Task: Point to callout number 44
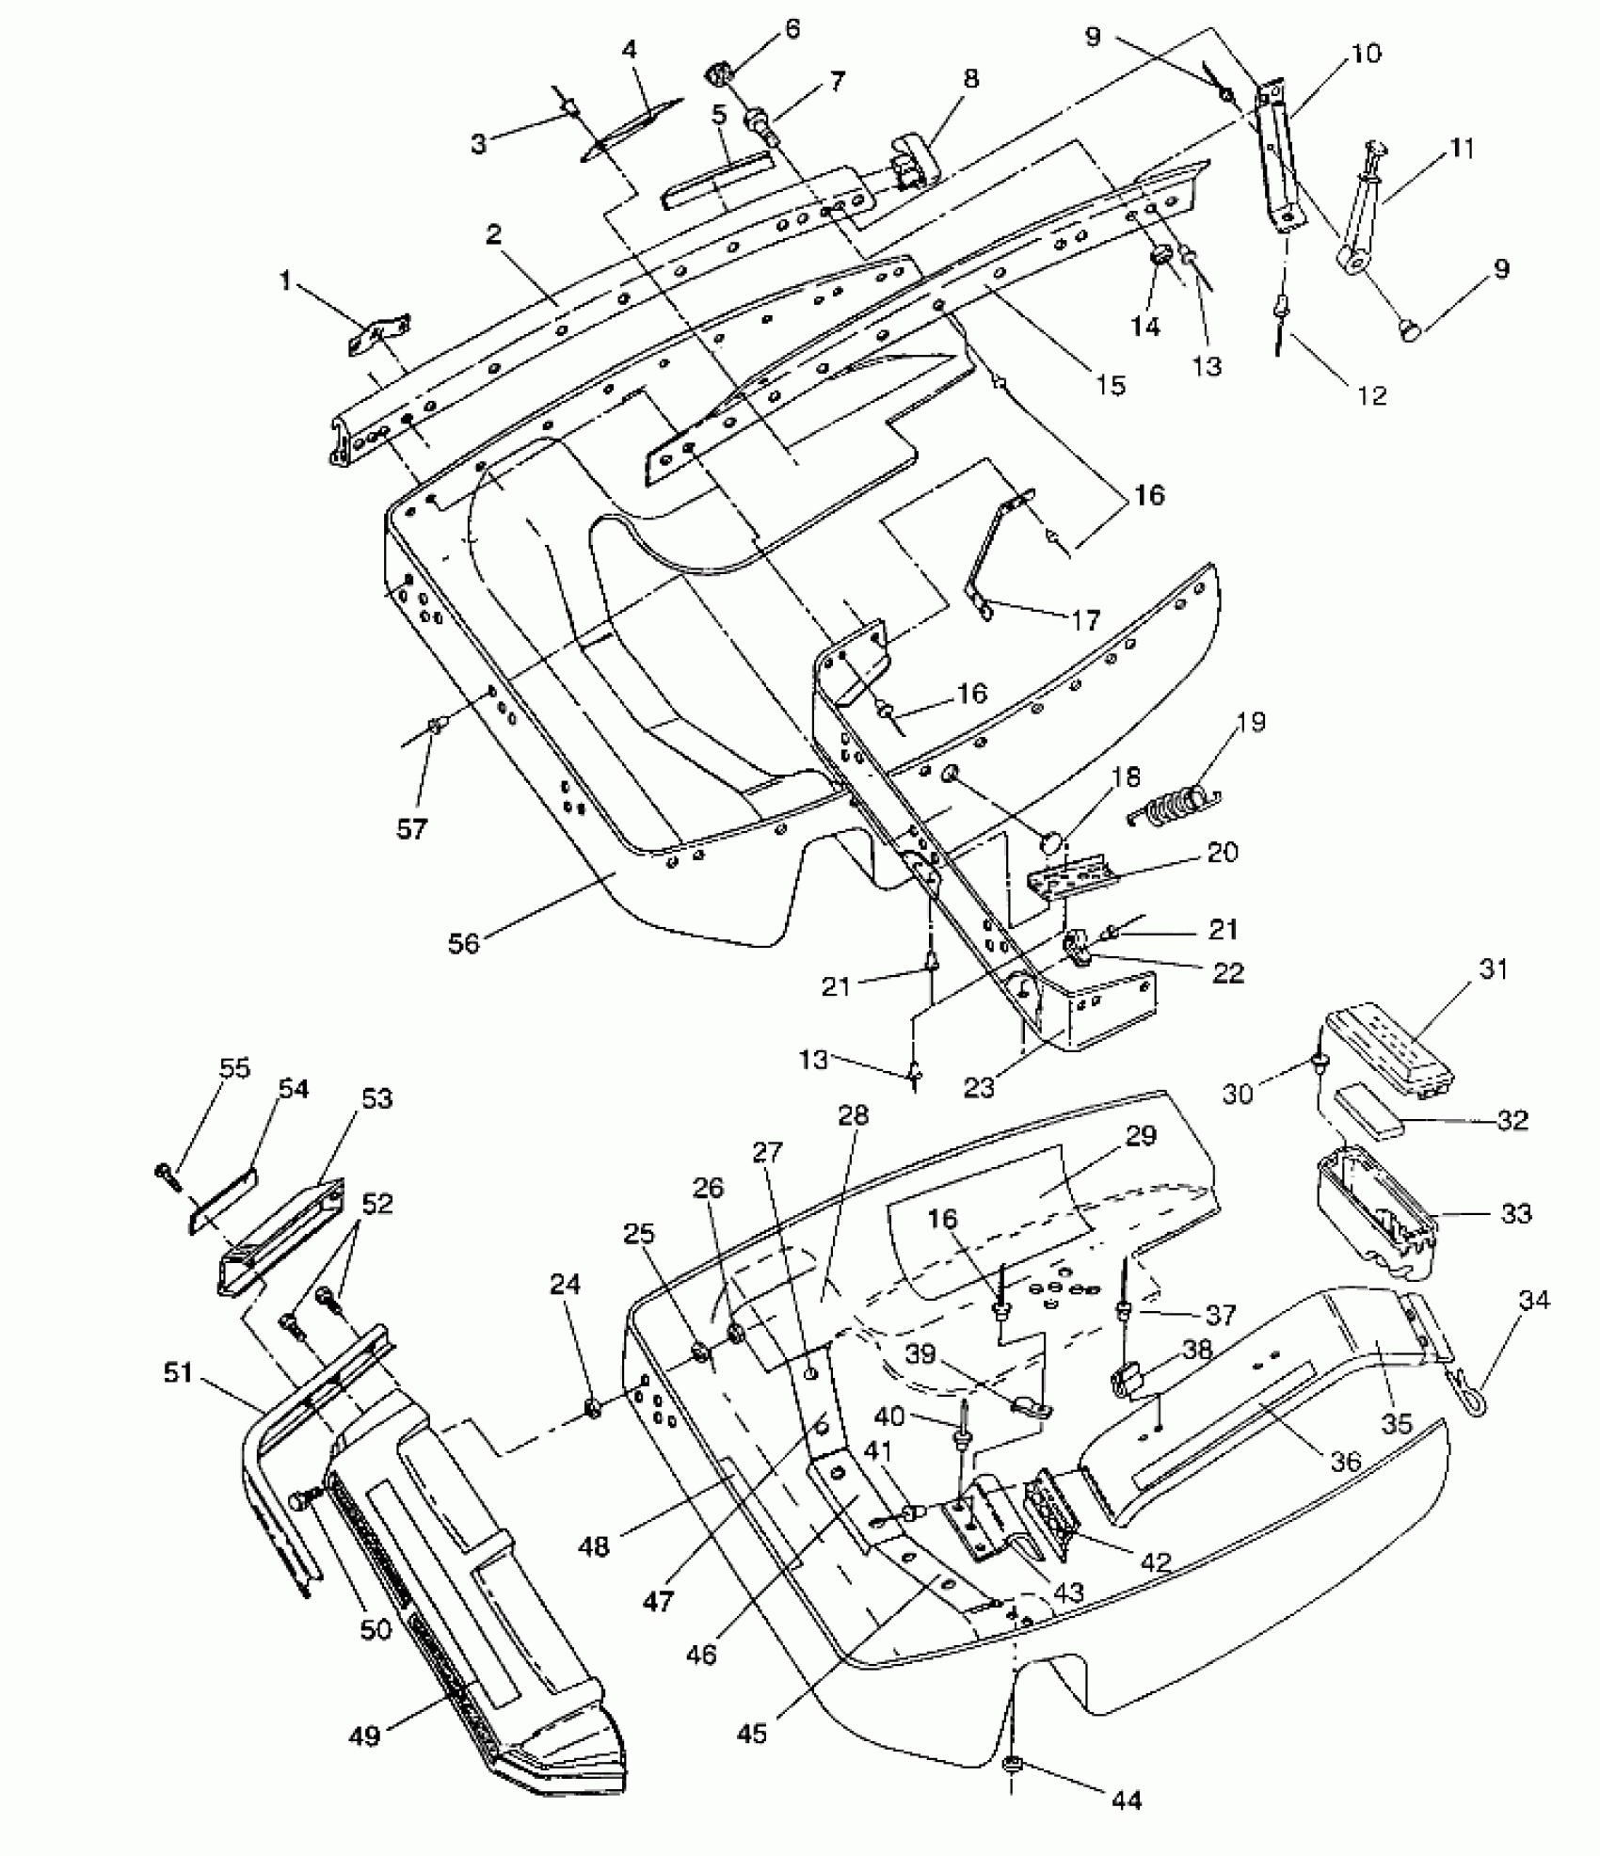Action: coord(1126,1800)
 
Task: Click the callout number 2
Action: coord(493,235)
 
